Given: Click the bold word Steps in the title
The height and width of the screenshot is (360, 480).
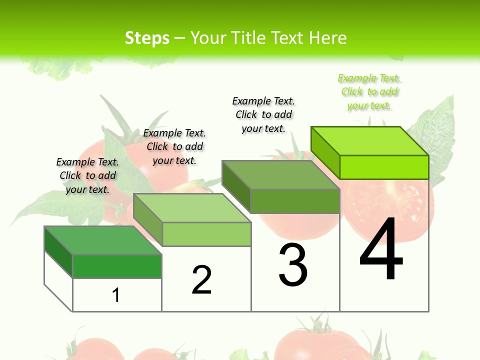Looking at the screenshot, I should [x=147, y=38].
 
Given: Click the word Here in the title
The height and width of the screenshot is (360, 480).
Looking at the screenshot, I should [x=327, y=38].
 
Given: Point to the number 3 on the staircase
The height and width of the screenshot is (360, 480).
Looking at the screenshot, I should [x=293, y=265].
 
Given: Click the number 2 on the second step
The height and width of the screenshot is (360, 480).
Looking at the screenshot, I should [x=202, y=280].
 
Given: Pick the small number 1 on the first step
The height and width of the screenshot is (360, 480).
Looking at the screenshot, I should [x=116, y=295].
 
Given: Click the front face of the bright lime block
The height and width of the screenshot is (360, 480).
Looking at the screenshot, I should [x=384, y=167].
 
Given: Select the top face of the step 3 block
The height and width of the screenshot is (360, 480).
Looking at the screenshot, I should [x=280, y=175].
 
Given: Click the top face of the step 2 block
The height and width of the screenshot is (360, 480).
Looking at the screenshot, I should [x=192, y=208].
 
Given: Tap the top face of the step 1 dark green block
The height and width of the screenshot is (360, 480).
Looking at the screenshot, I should [x=103, y=240].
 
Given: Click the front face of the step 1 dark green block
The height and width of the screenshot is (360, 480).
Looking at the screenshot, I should [x=117, y=266].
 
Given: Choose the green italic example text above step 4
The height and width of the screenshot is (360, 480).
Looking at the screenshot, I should [x=369, y=92].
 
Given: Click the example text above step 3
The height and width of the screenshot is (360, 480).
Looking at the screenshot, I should [x=263, y=114].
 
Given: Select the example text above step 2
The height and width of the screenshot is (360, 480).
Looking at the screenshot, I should [x=174, y=146].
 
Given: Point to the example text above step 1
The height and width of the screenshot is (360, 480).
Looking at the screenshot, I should [x=87, y=175].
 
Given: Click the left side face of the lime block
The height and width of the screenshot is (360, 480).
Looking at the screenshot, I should [x=325, y=152].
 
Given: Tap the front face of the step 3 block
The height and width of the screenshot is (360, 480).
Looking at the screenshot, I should [x=295, y=201].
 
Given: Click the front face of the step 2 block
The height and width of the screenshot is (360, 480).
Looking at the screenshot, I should [x=206, y=234].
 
